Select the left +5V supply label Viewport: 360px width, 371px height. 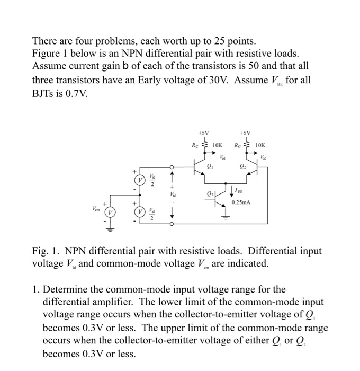pyautogui.click(x=203, y=132)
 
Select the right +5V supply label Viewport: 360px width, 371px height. pyautogui.click(x=245, y=132)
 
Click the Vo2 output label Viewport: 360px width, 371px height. pyautogui.click(x=264, y=157)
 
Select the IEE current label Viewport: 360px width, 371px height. pyautogui.click(x=240, y=191)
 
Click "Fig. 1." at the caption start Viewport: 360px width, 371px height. pyautogui.click(x=46, y=251)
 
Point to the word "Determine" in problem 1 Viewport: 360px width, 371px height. pyautogui.click(x=65, y=290)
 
